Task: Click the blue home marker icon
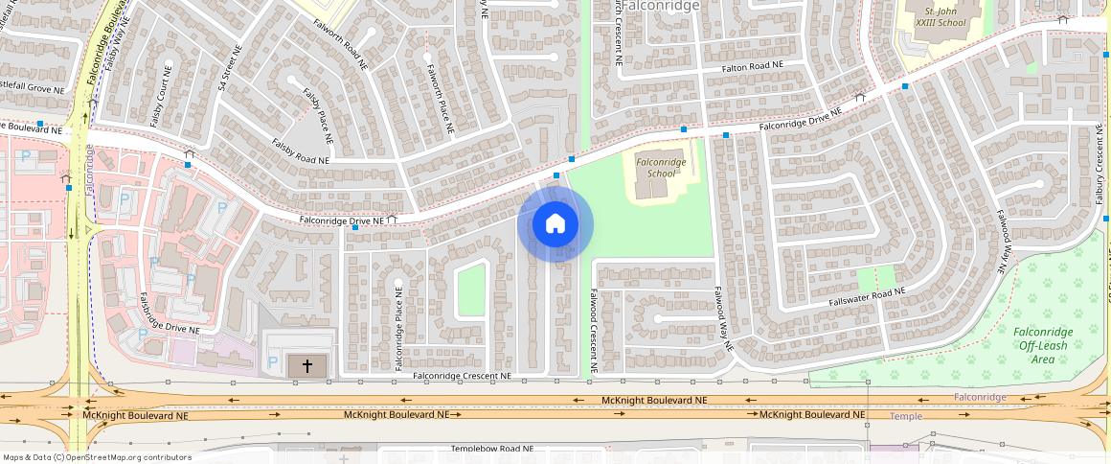555,224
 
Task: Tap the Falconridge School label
661,168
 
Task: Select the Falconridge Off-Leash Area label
1043,345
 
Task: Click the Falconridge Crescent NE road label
463,377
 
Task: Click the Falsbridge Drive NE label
170,313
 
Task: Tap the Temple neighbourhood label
906,416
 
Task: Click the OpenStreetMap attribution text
97,457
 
